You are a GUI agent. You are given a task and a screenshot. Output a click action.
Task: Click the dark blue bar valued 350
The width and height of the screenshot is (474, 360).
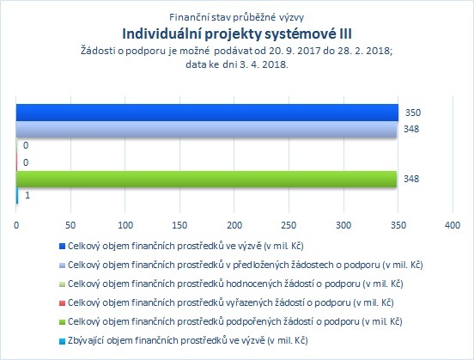(207, 113)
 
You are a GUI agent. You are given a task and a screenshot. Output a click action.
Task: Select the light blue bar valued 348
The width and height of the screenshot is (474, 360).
(206, 130)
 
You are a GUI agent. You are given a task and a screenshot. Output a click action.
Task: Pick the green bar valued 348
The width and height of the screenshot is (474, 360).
(206, 179)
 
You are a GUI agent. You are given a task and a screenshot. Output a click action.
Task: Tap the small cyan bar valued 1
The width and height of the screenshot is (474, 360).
(17, 196)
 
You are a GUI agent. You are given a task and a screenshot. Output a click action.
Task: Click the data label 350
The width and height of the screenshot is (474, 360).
(413, 113)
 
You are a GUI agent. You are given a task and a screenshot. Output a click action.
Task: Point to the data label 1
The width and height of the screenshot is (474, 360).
(27, 195)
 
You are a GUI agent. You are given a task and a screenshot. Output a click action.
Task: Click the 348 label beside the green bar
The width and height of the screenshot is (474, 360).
(411, 179)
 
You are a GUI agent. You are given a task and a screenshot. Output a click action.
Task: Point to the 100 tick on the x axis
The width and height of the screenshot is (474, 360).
(125, 225)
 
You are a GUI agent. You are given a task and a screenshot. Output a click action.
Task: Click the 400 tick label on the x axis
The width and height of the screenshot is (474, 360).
(453, 225)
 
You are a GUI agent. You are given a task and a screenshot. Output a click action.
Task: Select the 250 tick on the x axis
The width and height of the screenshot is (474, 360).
(289, 225)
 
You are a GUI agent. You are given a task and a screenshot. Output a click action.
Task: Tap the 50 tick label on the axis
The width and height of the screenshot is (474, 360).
(70, 225)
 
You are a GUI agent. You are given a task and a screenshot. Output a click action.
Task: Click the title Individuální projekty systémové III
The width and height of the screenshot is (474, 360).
(237, 34)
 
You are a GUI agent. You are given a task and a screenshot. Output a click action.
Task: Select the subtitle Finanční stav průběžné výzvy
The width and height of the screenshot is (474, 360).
(237, 17)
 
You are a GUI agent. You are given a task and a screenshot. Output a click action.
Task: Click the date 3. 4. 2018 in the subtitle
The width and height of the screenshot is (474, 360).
(264, 64)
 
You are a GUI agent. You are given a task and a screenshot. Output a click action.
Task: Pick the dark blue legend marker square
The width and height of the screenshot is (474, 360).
(62, 247)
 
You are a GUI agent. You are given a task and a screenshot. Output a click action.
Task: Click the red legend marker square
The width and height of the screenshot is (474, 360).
(62, 302)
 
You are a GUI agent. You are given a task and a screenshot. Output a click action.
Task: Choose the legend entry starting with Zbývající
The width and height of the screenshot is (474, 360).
(188, 340)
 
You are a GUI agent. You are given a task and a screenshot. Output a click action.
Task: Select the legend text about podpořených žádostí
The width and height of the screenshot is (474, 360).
(235, 321)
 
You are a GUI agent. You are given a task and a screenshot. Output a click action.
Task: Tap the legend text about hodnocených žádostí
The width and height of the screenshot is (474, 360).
(235, 284)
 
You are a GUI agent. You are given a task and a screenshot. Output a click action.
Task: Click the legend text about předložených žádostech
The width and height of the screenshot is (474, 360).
(246, 265)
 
